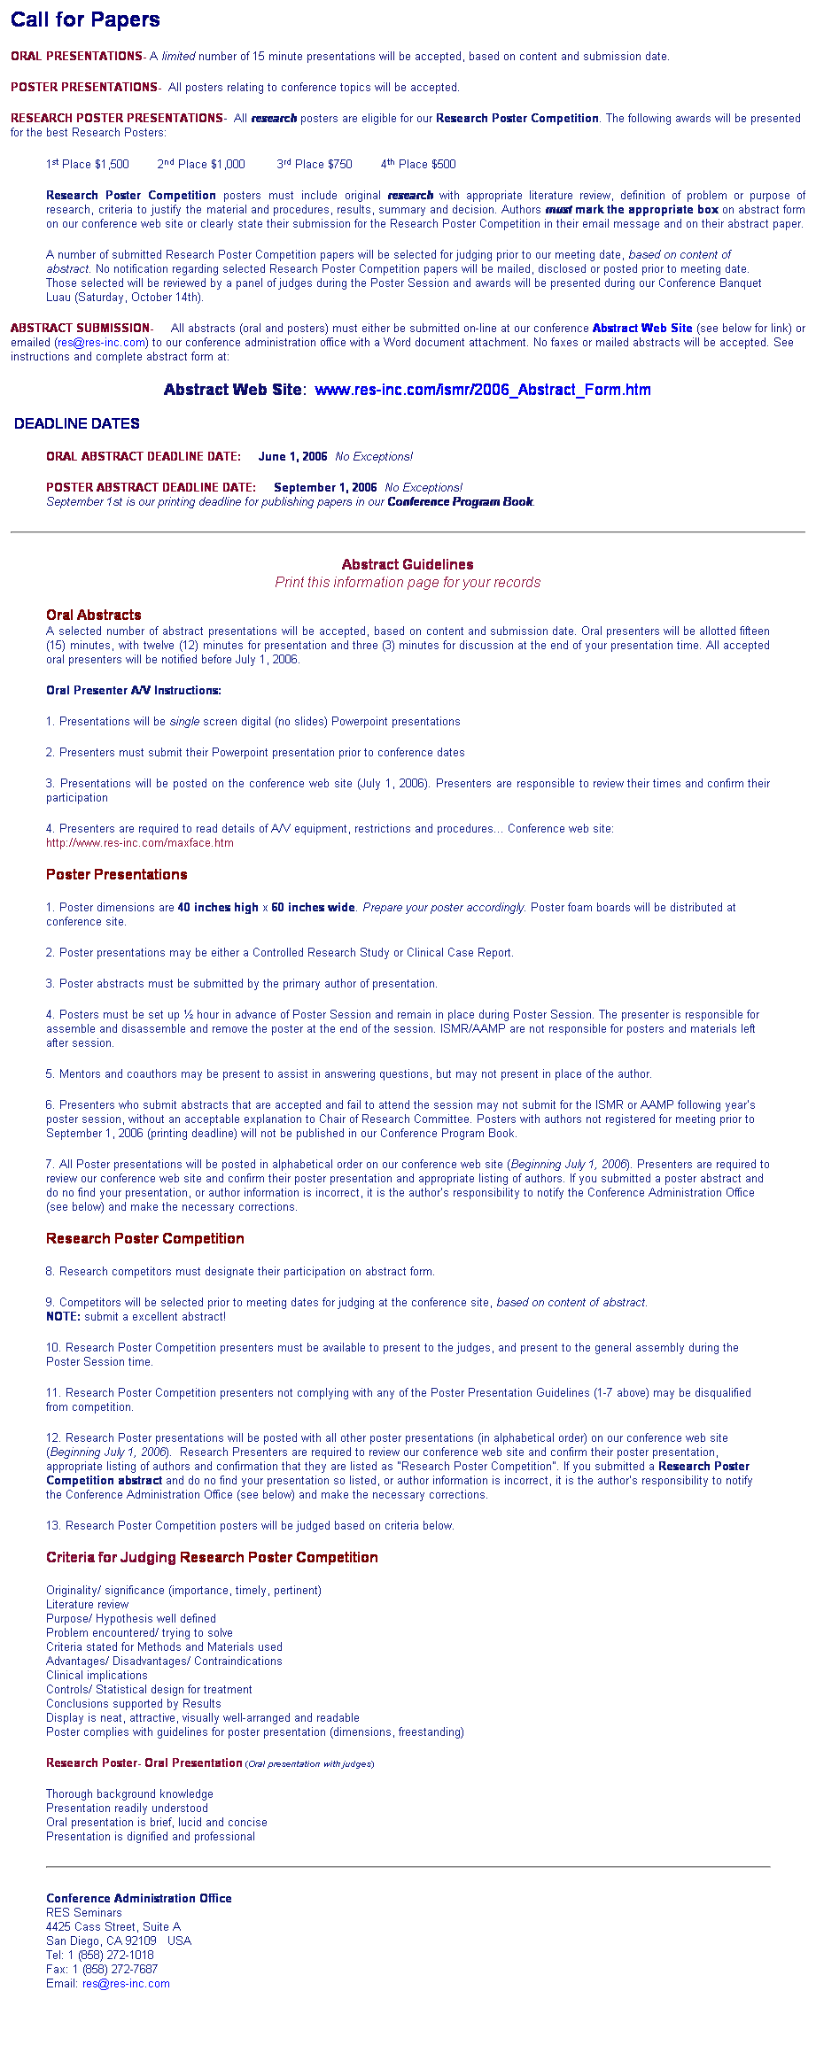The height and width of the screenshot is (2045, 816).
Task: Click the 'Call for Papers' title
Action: [85, 19]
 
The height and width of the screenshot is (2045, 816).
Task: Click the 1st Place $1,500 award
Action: [88, 164]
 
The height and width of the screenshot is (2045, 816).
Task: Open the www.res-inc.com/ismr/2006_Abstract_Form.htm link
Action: [482, 390]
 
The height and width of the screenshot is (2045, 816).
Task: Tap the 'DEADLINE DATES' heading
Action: [77, 423]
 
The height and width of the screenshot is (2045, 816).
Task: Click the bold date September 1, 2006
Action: [325, 488]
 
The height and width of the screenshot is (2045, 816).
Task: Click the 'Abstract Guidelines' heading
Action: [408, 564]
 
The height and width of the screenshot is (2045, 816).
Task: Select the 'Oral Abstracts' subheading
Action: [94, 615]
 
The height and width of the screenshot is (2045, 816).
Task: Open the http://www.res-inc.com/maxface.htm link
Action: [140, 843]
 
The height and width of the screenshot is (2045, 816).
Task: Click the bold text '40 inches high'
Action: [218, 908]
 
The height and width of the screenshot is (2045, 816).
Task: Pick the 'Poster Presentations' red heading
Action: [117, 874]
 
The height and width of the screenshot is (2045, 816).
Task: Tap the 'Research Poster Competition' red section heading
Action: [145, 1238]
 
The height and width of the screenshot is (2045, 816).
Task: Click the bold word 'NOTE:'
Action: [63, 1317]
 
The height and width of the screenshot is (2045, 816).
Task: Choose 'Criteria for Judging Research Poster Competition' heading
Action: [212, 1557]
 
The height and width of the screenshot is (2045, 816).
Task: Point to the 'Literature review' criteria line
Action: [88, 1605]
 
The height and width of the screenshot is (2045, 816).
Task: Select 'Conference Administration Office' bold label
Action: [139, 1898]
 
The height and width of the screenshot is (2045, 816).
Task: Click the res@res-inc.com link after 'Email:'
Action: [126, 1983]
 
